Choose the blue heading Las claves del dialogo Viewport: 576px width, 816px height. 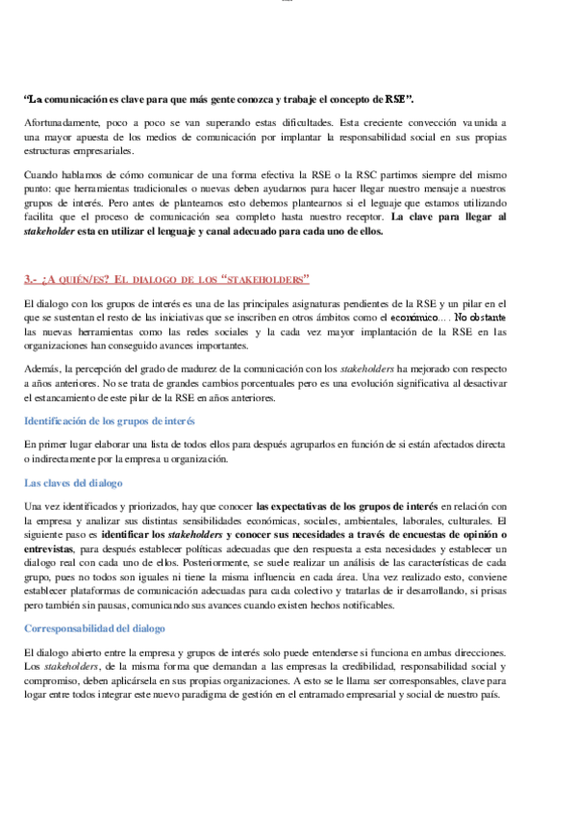(x=73, y=483)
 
